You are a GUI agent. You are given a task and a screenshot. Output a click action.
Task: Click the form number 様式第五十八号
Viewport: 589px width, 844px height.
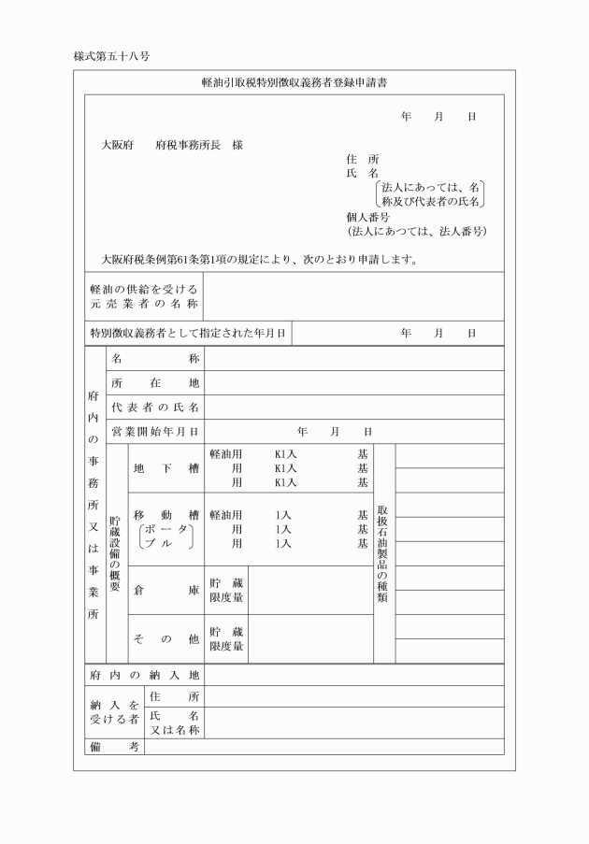tap(112, 56)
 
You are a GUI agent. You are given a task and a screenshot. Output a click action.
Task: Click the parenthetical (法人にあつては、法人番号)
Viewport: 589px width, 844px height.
tap(417, 231)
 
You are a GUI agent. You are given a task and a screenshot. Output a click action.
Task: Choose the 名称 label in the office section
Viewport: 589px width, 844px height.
tap(155, 359)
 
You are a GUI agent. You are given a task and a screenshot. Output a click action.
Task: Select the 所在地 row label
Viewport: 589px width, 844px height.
tap(155, 383)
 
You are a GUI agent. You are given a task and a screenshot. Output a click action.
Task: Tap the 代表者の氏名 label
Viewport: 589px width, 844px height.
tap(155, 408)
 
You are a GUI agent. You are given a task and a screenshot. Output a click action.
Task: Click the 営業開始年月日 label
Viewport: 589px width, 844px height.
tap(155, 432)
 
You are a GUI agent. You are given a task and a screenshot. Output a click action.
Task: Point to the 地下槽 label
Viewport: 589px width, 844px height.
tap(165, 468)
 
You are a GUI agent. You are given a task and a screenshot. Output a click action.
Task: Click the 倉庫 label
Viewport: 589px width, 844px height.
tap(165, 590)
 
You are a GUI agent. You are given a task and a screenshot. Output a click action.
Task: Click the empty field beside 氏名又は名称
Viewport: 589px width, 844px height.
tap(353, 722)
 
